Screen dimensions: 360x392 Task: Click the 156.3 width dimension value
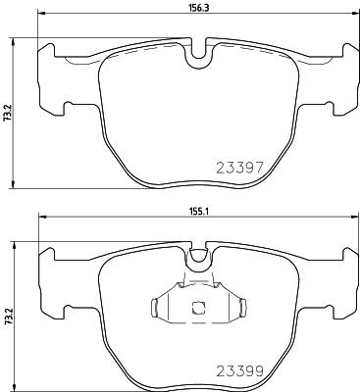pyautogui.click(x=198, y=9)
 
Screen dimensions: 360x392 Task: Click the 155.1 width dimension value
pyautogui.click(x=198, y=212)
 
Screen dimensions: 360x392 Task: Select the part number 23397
pyautogui.click(x=239, y=168)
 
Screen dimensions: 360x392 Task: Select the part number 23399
pyautogui.click(x=240, y=370)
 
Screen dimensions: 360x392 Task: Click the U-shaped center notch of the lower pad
pyautogui.click(x=198, y=260)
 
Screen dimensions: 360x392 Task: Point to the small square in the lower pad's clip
pyautogui.click(x=198, y=308)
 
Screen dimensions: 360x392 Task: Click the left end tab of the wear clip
pyautogui.click(x=155, y=307)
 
